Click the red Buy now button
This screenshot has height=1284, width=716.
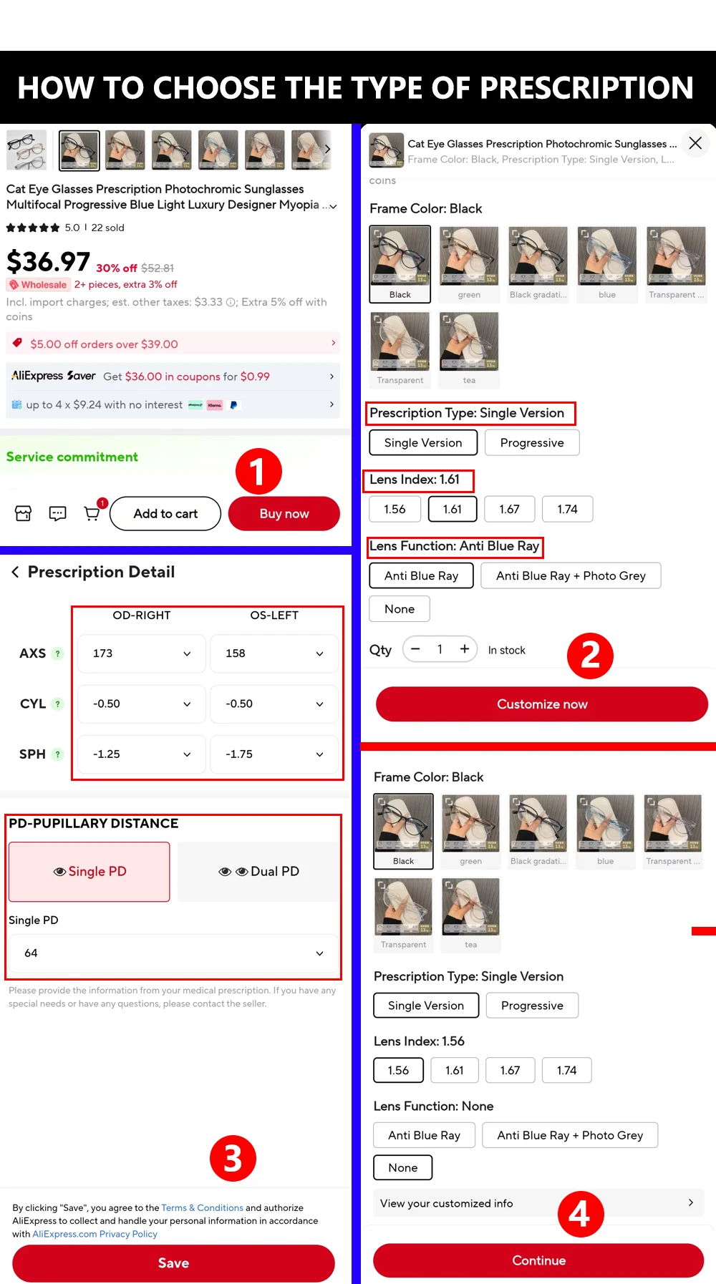coord(284,514)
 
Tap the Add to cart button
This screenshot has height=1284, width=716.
coord(165,514)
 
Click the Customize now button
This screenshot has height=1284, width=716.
coord(542,704)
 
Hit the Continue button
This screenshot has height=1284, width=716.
coord(538,1260)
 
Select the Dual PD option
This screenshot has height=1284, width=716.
coord(258,872)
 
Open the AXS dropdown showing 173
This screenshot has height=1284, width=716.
coord(141,653)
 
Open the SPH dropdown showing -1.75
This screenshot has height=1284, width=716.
coord(274,754)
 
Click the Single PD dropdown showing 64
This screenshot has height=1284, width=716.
coord(173,953)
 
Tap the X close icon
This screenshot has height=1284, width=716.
coord(695,143)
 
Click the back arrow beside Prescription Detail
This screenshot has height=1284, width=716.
coord(15,572)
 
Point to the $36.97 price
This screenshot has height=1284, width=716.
coord(49,262)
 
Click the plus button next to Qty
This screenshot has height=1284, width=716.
coord(465,649)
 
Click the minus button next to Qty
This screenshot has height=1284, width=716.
coord(415,649)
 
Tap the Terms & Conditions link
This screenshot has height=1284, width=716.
coord(202,1208)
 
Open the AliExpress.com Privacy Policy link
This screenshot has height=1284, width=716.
coord(95,1234)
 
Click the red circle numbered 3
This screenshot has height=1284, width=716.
coord(233,1159)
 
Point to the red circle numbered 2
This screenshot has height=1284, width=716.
coord(590,656)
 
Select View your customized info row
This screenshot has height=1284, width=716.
coord(538,1203)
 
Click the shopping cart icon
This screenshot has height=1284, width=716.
coord(92,513)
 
